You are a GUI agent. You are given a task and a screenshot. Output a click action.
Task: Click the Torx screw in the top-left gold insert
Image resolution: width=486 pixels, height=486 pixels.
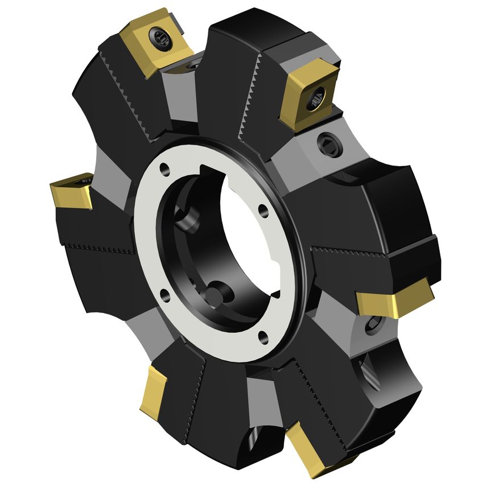[159, 38]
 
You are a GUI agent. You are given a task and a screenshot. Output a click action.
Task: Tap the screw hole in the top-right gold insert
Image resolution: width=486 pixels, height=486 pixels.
[318, 99]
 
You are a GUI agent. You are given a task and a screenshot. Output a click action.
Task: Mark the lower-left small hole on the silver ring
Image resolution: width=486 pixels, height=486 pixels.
[164, 294]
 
